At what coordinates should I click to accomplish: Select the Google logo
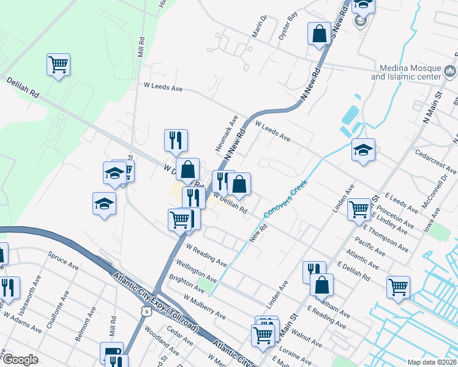[20, 360]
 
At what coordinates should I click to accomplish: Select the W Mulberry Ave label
[205, 306]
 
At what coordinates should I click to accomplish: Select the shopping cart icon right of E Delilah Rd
[398, 286]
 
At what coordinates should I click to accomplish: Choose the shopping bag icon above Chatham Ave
[321, 284]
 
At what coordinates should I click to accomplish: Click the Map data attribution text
[432, 361]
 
